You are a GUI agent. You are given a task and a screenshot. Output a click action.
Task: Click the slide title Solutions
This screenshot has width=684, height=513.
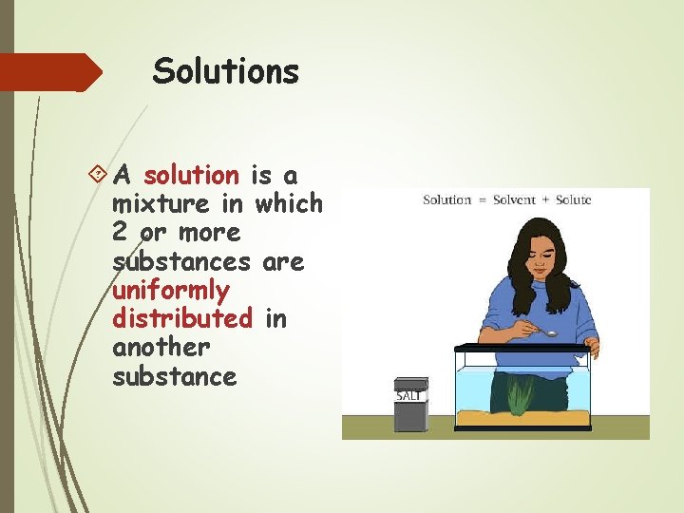(x=226, y=71)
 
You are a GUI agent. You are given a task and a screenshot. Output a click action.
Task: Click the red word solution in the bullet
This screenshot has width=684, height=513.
(x=191, y=176)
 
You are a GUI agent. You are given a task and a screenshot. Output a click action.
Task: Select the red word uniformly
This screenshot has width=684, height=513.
(x=170, y=290)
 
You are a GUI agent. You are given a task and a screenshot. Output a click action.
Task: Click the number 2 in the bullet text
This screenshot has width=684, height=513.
(x=120, y=233)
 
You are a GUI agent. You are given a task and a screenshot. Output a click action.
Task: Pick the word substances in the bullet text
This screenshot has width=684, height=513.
(x=180, y=261)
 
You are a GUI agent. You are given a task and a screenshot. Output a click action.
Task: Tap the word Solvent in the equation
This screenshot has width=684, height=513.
(x=508, y=200)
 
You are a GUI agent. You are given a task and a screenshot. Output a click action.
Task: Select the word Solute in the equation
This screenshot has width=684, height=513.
(x=573, y=200)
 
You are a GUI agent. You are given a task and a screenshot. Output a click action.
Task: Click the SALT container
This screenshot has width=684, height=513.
(x=410, y=405)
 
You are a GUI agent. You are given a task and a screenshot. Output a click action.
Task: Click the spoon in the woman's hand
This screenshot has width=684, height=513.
(x=548, y=332)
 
